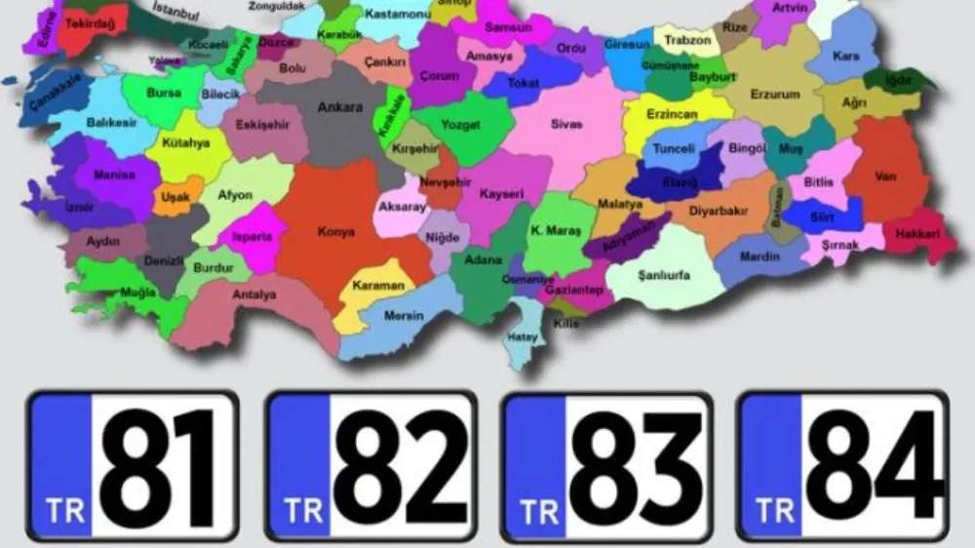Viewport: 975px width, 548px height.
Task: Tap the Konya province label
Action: coord(335,232)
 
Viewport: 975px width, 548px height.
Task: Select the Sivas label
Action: coord(566,125)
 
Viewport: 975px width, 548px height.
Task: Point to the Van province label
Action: coord(885,176)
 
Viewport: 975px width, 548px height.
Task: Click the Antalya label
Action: coord(254,294)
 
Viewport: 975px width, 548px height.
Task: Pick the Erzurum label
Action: coord(775,95)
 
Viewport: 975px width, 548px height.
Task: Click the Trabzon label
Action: coord(687,41)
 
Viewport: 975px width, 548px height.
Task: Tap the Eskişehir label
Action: coord(262,125)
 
